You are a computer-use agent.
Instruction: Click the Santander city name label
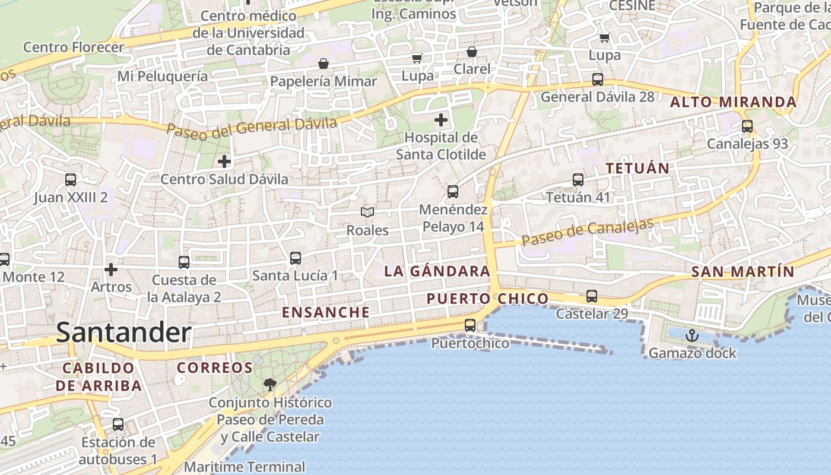click(123, 333)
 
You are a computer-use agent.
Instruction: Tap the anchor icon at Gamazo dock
click(692, 336)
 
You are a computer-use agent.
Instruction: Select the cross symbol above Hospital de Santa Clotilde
click(441, 121)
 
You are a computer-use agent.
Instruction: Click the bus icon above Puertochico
click(470, 325)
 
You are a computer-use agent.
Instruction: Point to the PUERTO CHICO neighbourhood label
click(488, 298)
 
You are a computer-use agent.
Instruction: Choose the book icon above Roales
click(367, 212)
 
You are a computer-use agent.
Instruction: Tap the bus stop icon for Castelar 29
click(592, 296)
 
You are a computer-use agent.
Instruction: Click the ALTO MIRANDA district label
click(733, 102)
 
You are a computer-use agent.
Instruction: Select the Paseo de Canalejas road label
click(588, 232)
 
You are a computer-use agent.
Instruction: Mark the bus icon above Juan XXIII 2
click(71, 179)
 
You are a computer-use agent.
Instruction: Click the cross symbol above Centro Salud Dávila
click(224, 161)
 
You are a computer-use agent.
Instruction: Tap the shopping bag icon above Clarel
click(472, 52)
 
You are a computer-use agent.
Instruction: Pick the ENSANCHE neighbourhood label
click(325, 312)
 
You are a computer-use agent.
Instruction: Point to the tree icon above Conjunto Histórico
click(270, 384)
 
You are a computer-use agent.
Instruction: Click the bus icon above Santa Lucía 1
click(296, 258)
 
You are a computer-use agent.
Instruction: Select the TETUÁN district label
click(637, 168)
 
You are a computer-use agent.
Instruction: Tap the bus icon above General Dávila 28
click(598, 79)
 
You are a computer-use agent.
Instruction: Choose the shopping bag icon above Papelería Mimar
click(323, 64)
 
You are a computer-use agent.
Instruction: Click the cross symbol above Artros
click(111, 270)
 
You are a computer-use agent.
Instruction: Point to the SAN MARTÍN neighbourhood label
click(743, 272)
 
